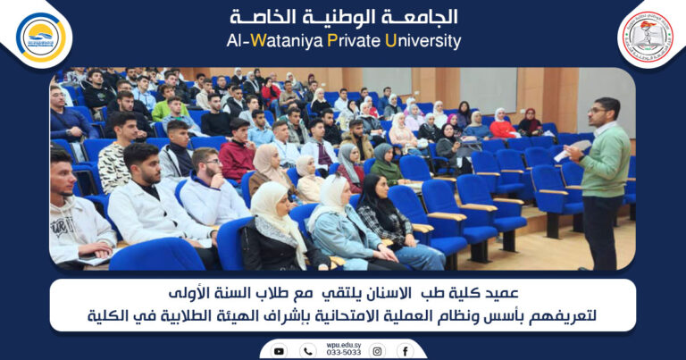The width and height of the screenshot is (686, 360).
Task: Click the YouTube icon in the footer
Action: [x=279, y=351]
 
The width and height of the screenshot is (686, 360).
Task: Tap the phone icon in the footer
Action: [x=308, y=351]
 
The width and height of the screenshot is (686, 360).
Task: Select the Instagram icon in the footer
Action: [x=377, y=351]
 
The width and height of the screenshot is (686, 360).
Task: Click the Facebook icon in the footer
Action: [x=406, y=351]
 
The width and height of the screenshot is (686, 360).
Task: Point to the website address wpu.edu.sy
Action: [x=343, y=344]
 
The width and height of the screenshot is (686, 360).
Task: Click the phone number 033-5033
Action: [x=343, y=353]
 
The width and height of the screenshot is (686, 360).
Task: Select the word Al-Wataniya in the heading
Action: [x=264, y=41]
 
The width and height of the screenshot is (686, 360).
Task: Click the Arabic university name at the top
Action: [x=344, y=17]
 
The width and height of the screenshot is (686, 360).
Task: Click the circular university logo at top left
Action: [x=40, y=37]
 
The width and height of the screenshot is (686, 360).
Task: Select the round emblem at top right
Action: [x=646, y=37]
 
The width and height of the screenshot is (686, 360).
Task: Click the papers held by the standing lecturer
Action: [x=572, y=151]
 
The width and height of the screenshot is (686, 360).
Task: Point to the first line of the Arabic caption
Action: [x=343, y=293]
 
